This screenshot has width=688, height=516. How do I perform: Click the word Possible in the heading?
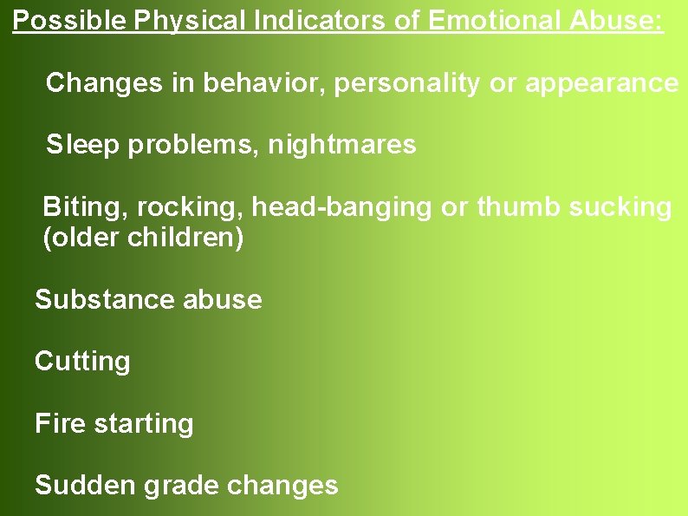[70, 21]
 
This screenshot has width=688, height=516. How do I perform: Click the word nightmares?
[342, 145]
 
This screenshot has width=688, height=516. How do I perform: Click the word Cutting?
[82, 361]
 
